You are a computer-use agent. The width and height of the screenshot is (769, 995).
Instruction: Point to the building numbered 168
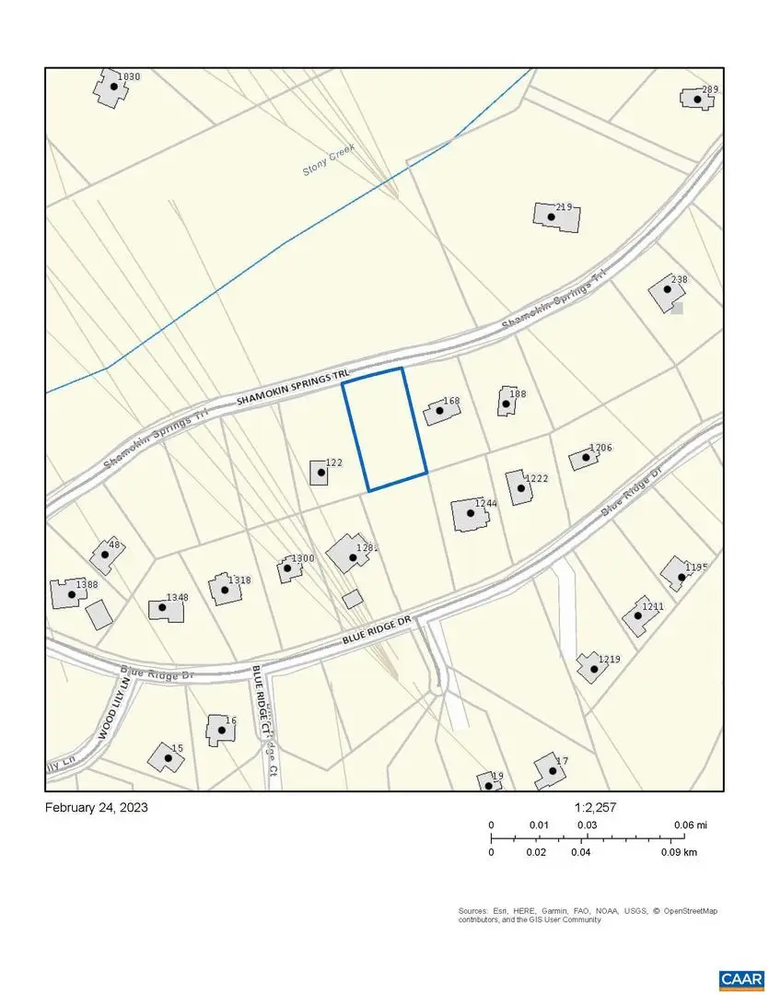click(441, 412)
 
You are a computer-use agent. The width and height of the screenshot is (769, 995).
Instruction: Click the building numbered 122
click(319, 473)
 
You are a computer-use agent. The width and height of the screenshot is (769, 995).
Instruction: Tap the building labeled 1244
click(468, 515)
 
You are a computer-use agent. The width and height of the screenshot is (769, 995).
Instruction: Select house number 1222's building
click(519, 487)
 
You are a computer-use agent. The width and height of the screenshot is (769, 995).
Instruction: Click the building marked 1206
click(583, 458)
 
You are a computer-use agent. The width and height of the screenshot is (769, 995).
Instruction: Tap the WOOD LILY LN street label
click(113, 711)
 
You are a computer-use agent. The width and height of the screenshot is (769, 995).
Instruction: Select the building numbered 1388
click(68, 593)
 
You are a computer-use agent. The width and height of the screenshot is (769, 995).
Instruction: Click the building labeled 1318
click(223, 589)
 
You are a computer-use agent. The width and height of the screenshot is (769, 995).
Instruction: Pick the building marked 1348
click(166, 608)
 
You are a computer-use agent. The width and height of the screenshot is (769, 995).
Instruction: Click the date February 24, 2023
click(96, 807)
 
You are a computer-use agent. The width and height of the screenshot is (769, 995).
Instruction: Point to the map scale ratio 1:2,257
click(595, 807)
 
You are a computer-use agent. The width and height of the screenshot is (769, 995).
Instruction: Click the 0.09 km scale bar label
click(678, 852)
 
